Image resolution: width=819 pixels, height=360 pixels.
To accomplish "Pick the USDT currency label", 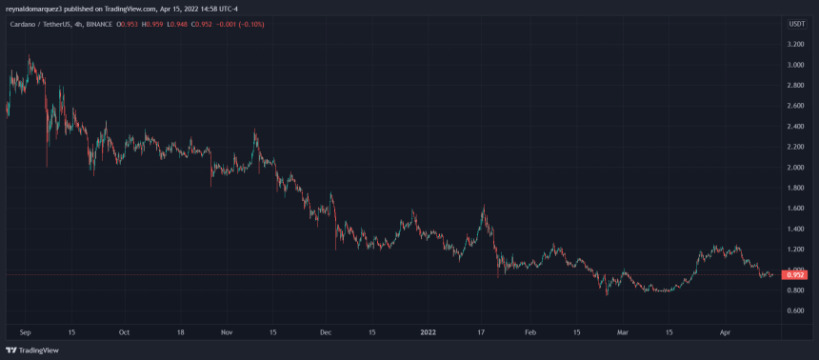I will (796, 23).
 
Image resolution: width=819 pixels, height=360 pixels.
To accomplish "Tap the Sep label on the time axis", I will (25, 332).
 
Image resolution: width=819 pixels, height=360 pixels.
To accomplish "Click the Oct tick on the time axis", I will (123, 332).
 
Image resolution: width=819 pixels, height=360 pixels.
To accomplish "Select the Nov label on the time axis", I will (226, 332).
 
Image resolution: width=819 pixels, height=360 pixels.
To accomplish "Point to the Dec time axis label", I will (324, 332).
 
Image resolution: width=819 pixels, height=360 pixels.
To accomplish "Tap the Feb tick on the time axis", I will (529, 332).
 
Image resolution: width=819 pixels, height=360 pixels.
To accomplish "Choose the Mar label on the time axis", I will (623, 332).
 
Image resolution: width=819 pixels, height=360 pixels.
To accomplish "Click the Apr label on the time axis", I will (725, 332).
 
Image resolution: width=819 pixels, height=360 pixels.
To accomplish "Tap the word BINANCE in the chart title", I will (93, 23).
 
